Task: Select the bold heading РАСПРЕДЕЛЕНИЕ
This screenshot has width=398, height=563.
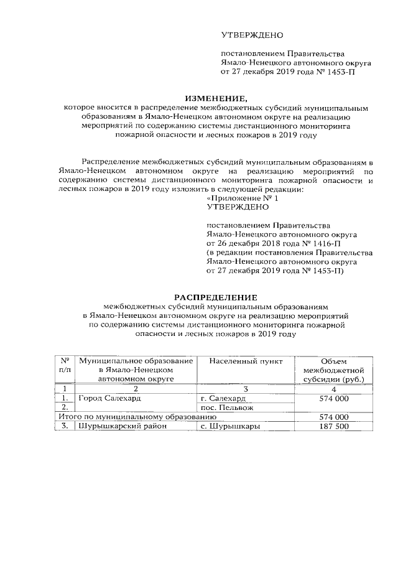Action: pyautogui.click(x=214, y=297)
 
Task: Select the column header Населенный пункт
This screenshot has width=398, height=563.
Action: pyautogui.click(x=246, y=361)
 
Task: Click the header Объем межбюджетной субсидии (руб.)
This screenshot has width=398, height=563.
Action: pyautogui.click(x=333, y=370)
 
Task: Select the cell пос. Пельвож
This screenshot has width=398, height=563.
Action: pyautogui.click(x=228, y=407)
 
